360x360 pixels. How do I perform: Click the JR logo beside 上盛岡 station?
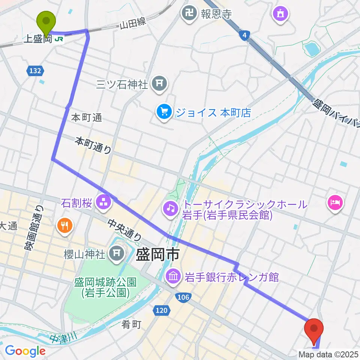(x=59, y=39)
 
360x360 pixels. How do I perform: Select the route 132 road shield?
(x=35, y=70)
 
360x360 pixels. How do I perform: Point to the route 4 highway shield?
(x=244, y=35)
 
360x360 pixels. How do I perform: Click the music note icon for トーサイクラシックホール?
(x=170, y=207)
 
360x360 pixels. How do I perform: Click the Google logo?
(x=25, y=351)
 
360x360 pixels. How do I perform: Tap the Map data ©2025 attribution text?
(x=328, y=354)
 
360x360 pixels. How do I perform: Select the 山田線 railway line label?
(x=133, y=24)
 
